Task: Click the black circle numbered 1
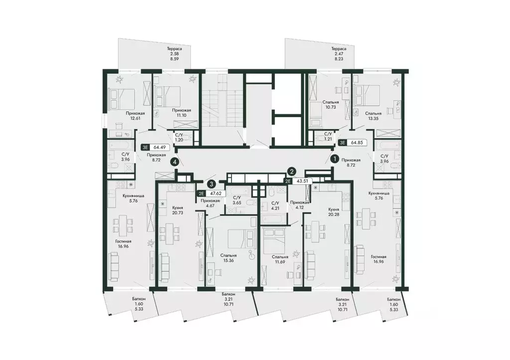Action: click(x=334, y=159)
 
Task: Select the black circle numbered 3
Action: click(x=212, y=184)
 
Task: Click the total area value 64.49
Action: click(x=159, y=147)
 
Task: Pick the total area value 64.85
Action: click(x=357, y=142)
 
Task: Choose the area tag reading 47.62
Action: click(x=216, y=193)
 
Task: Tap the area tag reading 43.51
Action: click(x=301, y=181)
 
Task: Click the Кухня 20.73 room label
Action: click(x=178, y=210)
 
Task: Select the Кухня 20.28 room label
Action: click(x=334, y=212)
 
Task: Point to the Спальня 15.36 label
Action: click(x=228, y=258)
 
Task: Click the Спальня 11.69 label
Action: click(x=280, y=259)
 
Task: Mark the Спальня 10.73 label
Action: click(x=331, y=105)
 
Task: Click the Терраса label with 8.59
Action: click(x=174, y=54)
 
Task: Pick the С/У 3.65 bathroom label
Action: click(x=237, y=200)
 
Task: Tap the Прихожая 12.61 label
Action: click(x=135, y=116)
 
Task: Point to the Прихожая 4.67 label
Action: click(x=210, y=203)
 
